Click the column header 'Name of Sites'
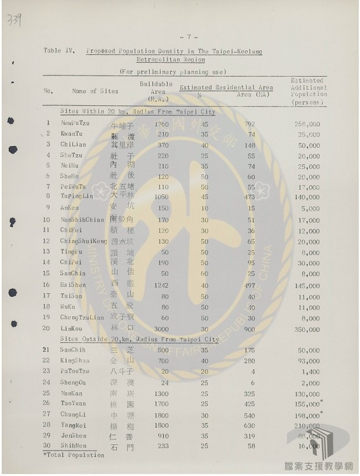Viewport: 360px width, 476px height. point(95,91)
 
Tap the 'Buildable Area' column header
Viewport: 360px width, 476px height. point(157,91)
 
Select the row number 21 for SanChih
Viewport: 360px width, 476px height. point(46,350)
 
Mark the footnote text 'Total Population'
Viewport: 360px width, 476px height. point(65,455)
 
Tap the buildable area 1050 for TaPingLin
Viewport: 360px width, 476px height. point(161,197)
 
